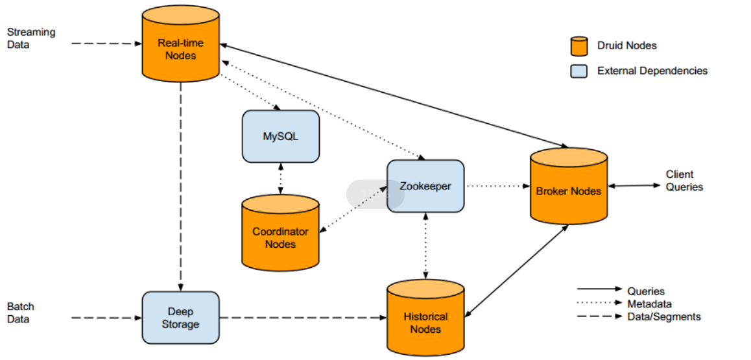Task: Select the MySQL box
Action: click(281, 136)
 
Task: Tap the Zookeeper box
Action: click(425, 186)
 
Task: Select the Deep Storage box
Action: click(180, 318)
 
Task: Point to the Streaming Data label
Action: click(31, 38)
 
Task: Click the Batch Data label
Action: click(21, 313)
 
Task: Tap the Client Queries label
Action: click(684, 180)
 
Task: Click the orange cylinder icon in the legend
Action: click(578, 46)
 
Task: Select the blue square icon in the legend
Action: click(578, 71)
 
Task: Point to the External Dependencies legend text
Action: click(652, 71)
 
